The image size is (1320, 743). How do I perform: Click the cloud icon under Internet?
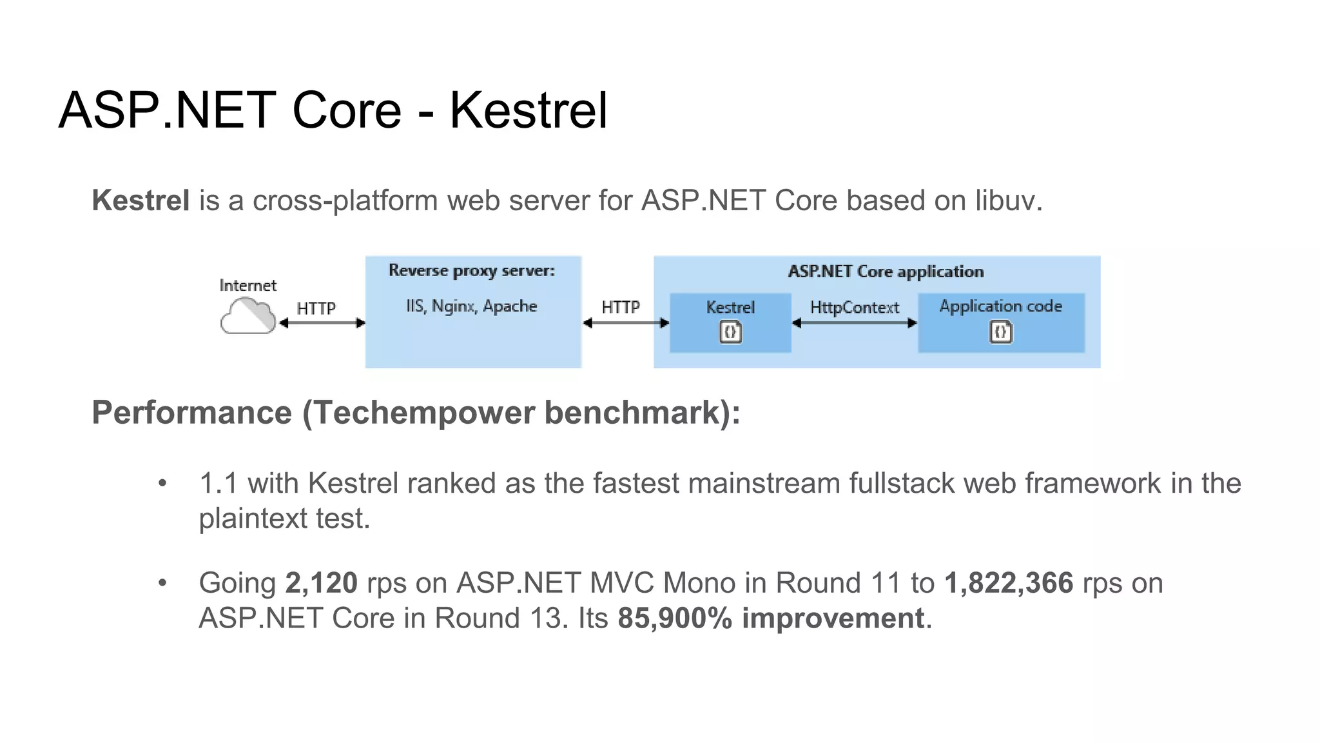click(x=247, y=317)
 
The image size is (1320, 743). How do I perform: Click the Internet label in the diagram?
click(x=247, y=285)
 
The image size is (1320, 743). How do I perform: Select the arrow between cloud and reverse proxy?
click(x=322, y=323)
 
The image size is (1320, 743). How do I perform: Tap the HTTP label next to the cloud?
click(x=316, y=308)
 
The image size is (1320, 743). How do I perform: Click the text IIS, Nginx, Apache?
click(x=471, y=306)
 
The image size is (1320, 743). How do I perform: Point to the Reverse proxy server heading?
click(x=471, y=270)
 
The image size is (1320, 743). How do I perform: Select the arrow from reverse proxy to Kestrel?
click(x=625, y=323)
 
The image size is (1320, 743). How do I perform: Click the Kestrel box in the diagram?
click(x=730, y=322)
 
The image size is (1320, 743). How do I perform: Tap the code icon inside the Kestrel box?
click(x=730, y=332)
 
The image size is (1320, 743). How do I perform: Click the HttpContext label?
click(x=854, y=307)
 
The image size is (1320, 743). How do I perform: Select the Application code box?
click(x=1000, y=322)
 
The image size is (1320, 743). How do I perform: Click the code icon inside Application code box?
click(x=1000, y=332)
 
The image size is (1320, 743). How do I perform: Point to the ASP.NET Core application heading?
click(x=886, y=272)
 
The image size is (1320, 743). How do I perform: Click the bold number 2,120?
click(x=321, y=583)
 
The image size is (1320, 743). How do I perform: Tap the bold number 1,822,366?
click(x=1009, y=583)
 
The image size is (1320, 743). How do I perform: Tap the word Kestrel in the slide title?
click(x=528, y=110)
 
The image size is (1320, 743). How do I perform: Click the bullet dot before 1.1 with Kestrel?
click(x=162, y=483)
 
